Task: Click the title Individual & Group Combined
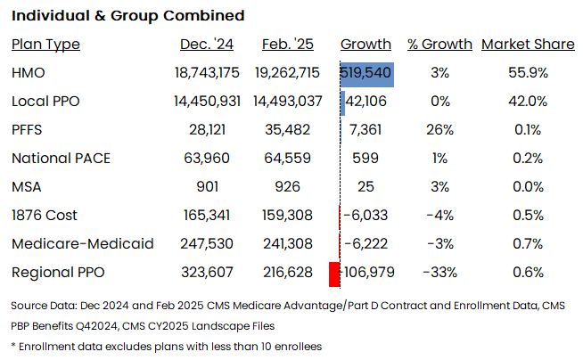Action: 127,16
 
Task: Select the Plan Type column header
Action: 45,45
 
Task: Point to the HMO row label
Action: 29,73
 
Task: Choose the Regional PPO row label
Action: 53,272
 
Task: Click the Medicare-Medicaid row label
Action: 70,243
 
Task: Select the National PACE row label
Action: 61,159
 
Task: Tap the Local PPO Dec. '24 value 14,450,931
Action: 207,102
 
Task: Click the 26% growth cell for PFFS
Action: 439,130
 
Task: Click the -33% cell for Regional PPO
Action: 439,272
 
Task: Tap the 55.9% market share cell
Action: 528,73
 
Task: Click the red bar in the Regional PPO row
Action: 335,272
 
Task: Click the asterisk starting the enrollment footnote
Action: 13,346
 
